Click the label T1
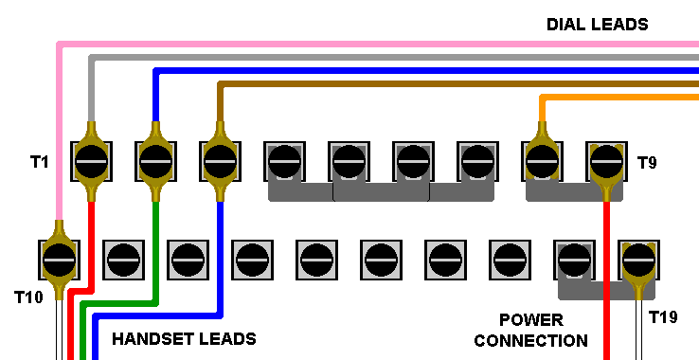(39, 161)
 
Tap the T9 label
(647, 162)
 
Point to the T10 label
(28, 297)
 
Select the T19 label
(663, 317)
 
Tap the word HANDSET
(152, 339)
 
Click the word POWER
(531, 320)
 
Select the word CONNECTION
(531, 341)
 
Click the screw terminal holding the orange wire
(542, 161)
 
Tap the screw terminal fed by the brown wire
(220, 161)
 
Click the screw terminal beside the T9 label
(606, 161)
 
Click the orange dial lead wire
(619, 98)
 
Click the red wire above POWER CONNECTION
(606, 281)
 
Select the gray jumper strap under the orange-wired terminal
(574, 192)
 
